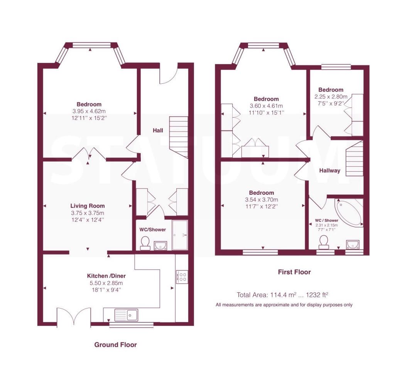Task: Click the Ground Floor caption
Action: coord(115,344)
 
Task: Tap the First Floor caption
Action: coord(294,272)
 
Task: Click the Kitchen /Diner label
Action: coord(106,276)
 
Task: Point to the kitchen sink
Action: coord(126,315)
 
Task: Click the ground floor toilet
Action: coord(145,243)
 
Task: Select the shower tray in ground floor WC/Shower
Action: coord(180,235)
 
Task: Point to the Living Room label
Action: coord(88,206)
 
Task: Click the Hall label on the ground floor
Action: coord(158,130)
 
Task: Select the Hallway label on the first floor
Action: coord(330,171)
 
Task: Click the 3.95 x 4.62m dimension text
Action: coord(89,111)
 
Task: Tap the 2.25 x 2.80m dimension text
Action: coord(331,96)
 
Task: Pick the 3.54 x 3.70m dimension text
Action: coord(262,200)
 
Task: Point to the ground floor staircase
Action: coord(179,137)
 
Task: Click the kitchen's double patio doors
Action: coord(74,317)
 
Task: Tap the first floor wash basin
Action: coord(353,244)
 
